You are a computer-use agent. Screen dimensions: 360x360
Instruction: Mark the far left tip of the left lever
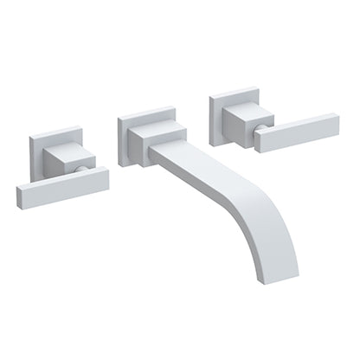(17, 196)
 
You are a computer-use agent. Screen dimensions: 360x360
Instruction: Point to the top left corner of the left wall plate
(30, 133)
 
